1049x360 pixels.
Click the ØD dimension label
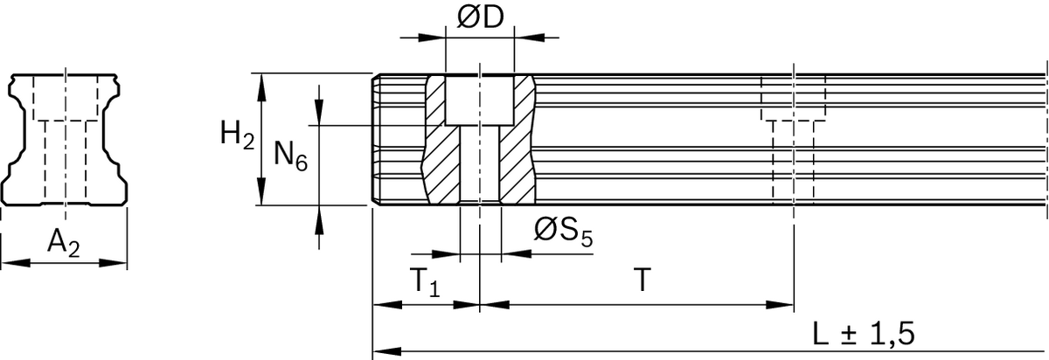click(480, 17)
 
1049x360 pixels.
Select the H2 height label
click(238, 135)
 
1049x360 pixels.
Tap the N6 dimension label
click(290, 155)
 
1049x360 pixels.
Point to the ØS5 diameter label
click(563, 232)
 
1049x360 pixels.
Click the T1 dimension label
click(425, 282)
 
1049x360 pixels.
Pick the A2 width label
click(63, 243)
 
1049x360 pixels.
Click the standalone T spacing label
click(643, 280)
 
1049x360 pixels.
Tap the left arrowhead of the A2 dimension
click(16, 263)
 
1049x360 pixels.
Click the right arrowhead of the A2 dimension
click(113, 263)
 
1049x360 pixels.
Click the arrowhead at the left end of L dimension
click(387, 350)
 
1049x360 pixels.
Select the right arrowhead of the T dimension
click(779, 305)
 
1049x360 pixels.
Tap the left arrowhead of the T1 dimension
click(387, 305)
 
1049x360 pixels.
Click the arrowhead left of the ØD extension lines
click(431, 38)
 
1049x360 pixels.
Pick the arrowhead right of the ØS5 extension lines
click(516, 253)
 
